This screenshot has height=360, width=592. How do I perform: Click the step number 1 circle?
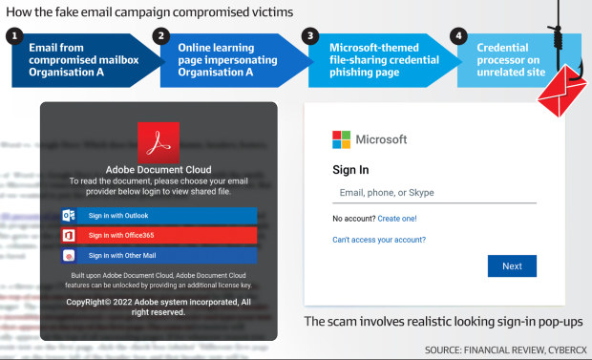tap(12, 36)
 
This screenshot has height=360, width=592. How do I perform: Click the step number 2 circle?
tap(161, 36)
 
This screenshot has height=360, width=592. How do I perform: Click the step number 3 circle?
tap(309, 36)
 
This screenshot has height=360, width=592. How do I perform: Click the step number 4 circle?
tap(459, 36)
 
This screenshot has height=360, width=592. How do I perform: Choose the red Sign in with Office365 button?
tap(159, 235)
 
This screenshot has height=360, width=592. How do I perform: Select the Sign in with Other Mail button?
tap(159, 255)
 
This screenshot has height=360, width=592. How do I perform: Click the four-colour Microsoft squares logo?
tap(341, 139)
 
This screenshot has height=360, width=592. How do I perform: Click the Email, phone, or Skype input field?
tap(433, 193)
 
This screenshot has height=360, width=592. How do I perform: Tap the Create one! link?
tap(396, 219)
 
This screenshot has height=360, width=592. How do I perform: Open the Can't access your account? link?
tap(379, 240)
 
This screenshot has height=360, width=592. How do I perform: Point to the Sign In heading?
tap(350, 170)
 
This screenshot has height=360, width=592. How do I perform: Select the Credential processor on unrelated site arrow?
tap(511, 59)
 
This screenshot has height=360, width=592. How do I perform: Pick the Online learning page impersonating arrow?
tap(224, 59)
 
